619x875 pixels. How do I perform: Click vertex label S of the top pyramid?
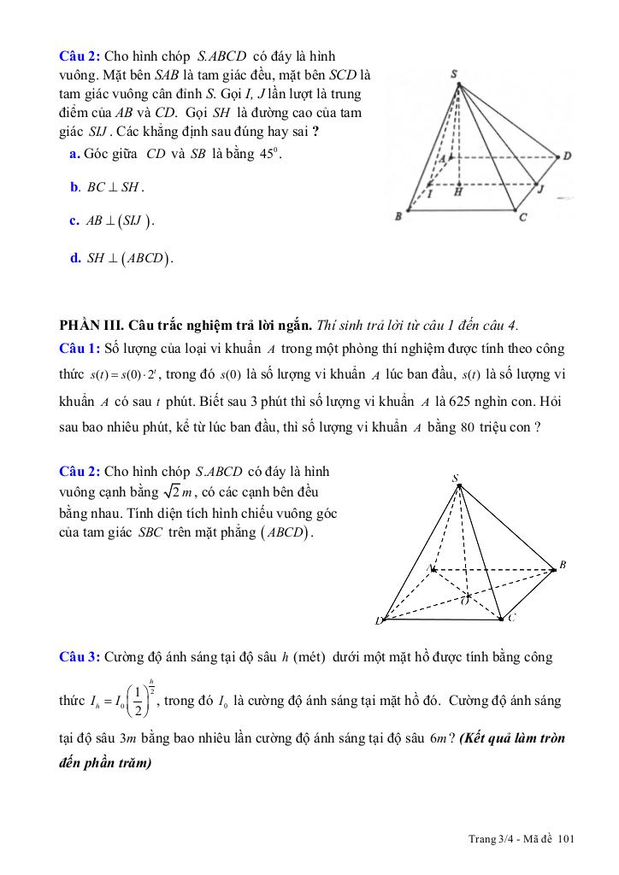point(453,74)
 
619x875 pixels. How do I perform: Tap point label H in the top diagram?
point(459,192)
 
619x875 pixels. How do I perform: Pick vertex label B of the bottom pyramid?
point(563,565)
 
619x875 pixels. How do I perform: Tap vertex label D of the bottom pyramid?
point(378,621)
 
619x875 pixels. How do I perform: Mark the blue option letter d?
point(75,257)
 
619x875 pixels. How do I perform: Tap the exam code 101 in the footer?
point(566,839)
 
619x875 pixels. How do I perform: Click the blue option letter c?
point(74,220)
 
